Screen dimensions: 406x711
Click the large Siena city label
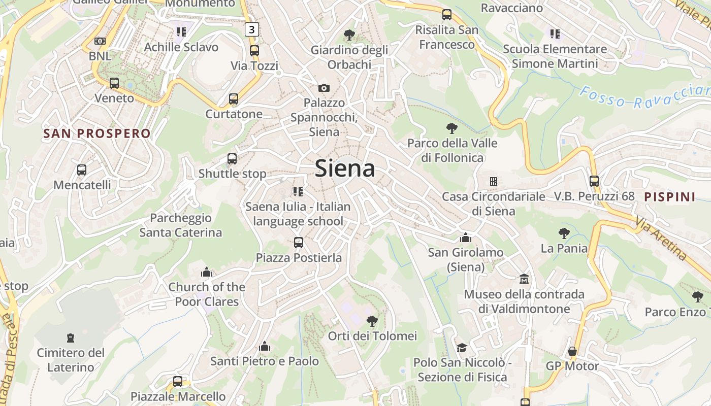[x=345, y=168]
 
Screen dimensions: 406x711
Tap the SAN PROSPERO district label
[x=97, y=133]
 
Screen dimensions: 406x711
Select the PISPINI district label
[x=669, y=197]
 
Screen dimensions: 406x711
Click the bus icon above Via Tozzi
[x=254, y=51]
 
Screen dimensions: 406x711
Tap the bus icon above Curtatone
[x=234, y=99]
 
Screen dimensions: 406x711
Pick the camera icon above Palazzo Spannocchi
[x=324, y=88]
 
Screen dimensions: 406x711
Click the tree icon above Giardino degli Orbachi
[x=349, y=35]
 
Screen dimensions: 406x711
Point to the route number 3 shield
[x=252, y=29]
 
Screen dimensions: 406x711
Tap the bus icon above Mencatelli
[x=82, y=170]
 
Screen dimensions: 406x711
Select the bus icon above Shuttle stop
[x=232, y=159]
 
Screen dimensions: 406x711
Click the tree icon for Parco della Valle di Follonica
[x=451, y=128]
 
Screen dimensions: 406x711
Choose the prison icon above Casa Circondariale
[x=493, y=182]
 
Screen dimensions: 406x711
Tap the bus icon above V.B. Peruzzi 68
[x=594, y=181]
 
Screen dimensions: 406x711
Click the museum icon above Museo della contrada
[x=524, y=279]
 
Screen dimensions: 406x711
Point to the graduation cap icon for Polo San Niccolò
[x=462, y=348]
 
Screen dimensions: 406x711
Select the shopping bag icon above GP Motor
[x=572, y=351]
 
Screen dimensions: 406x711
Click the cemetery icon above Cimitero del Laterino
[x=71, y=338]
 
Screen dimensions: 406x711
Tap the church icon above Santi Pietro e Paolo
[x=264, y=347]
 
